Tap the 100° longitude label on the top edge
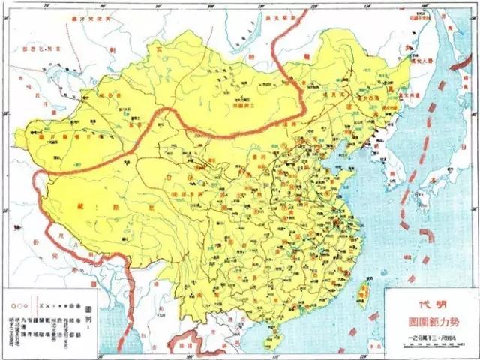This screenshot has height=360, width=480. click(212, 4)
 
